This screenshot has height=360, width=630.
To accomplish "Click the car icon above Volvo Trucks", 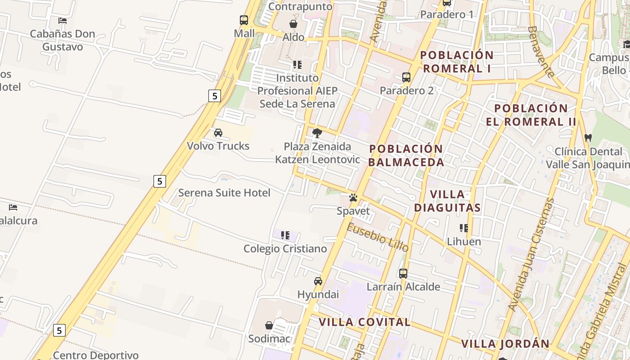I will click(218, 133).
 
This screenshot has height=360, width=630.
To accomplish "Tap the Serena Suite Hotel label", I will click(224, 193).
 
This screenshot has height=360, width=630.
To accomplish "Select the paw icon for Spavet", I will click(353, 198).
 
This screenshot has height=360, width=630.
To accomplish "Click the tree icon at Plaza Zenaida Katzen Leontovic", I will click(317, 133).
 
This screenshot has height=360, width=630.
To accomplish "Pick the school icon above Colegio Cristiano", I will click(285, 235).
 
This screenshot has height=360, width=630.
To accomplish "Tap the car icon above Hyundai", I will click(318, 281).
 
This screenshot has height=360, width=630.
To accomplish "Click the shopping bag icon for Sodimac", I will click(269, 325).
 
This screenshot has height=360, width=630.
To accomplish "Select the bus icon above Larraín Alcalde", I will click(403, 273).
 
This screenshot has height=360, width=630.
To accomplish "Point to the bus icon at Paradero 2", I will click(406, 77).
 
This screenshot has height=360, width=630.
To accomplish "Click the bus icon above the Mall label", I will click(244, 20).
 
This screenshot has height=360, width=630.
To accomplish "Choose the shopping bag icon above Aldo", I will click(293, 23).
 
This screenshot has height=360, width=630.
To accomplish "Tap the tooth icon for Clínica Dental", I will click(588, 138).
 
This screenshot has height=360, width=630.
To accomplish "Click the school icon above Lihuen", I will click(464, 228).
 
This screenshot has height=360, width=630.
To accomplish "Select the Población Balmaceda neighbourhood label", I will click(406, 155).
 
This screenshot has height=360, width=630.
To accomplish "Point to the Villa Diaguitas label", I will click(447, 201).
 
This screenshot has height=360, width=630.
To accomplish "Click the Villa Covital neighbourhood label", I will click(364, 322).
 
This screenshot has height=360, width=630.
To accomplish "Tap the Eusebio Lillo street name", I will click(378, 237).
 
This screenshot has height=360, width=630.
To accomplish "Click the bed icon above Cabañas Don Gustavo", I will click(63, 20).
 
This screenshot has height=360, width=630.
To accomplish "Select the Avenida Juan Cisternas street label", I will click(531, 254).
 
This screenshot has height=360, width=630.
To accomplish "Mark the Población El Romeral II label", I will click(531, 115).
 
